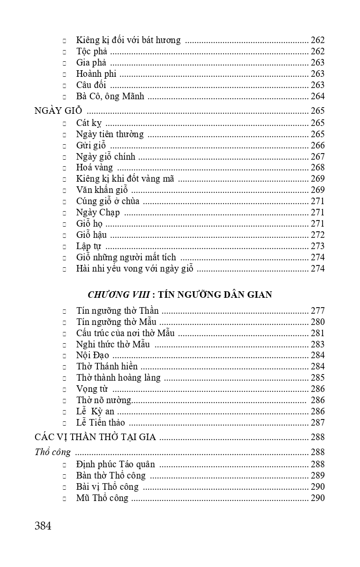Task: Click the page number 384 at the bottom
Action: coord(43,525)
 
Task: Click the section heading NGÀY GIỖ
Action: coord(59,111)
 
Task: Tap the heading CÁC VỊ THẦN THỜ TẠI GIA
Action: coord(95,437)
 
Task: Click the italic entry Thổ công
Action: coord(53,452)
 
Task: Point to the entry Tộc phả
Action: coord(92,52)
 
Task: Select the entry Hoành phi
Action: coord(96,74)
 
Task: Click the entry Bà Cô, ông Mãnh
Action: coord(110,96)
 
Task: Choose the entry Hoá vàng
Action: coord(95,168)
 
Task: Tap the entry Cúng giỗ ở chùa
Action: coord(108,201)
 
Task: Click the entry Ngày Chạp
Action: coord(98,213)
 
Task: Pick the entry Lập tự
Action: coord(88,246)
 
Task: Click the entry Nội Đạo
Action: coord(93,355)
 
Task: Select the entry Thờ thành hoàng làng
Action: coord(118,377)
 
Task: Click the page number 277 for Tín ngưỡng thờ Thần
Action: coord(317,310)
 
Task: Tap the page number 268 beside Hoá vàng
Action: coord(317,168)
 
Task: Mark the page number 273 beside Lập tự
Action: coord(317,246)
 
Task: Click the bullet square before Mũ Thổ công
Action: coord(65,498)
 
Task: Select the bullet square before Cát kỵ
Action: coord(65,123)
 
